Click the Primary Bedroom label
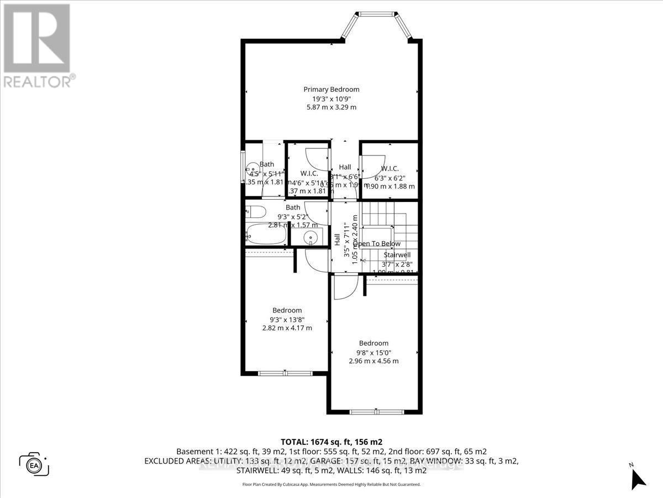[x=331, y=89]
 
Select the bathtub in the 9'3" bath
[x=266, y=235]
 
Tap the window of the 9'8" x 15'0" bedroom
[x=373, y=412]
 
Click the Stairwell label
[x=397, y=255]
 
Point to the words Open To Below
[x=379, y=244]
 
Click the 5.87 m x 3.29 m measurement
[x=331, y=107]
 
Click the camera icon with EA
[x=34, y=464]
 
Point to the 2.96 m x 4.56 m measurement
[x=373, y=361]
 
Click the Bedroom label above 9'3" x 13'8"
[x=287, y=310]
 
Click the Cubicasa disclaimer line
[x=331, y=484]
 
